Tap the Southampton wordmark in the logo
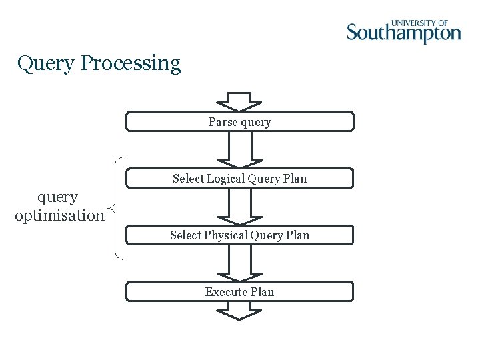coord(403,33)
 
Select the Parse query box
coord(240,122)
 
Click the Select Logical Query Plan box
coord(240,179)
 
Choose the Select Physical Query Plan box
coord(240,235)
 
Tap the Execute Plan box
coord(240,292)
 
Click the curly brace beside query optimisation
coord(117,207)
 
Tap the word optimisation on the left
coord(59,216)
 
